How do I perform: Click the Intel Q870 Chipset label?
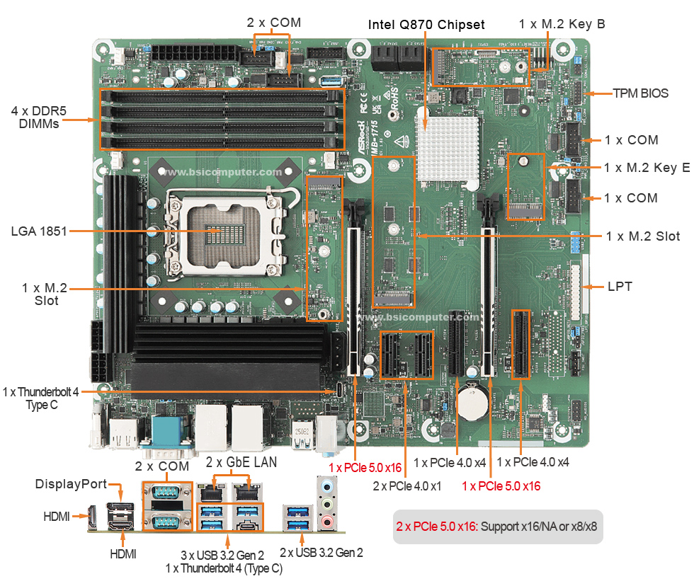tap(426, 25)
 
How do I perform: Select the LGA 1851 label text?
tap(38, 231)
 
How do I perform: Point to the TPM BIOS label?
tap(640, 93)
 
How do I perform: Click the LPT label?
tap(620, 287)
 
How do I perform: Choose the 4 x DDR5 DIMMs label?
tap(35, 117)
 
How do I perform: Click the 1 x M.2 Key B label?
tap(562, 24)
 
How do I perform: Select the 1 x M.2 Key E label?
tap(647, 168)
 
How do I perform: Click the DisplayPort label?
tap(71, 484)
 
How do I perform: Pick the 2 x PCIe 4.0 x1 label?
tap(407, 486)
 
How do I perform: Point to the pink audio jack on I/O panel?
tap(326, 522)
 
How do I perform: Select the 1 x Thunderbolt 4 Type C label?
tap(41, 398)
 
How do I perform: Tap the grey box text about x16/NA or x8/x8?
tap(497, 527)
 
